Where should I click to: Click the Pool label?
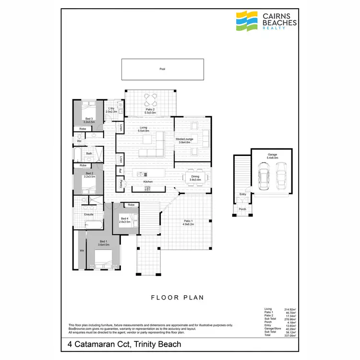click(x=162, y=69)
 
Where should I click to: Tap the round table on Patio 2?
click(x=150, y=100)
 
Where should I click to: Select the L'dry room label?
click(x=111, y=110)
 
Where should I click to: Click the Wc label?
click(x=79, y=141)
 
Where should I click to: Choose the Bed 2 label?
click(x=89, y=175)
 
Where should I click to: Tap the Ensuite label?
click(x=88, y=214)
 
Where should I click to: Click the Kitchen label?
click(x=148, y=182)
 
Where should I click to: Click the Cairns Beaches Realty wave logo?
click(x=247, y=21)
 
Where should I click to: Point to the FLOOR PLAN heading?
click(x=178, y=298)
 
